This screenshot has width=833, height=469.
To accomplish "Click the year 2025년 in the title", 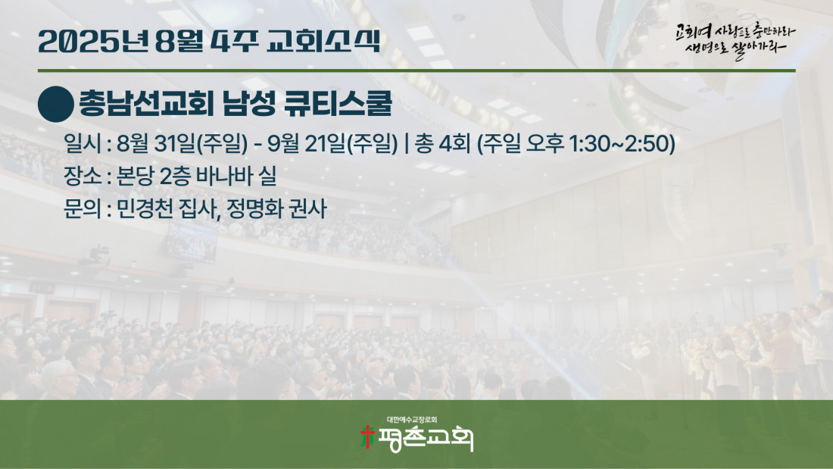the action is (x=92, y=41).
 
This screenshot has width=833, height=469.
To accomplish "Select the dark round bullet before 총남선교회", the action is (x=56, y=105).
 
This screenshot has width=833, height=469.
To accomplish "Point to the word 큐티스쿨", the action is (x=339, y=104).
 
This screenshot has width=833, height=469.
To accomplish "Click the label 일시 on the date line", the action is (x=82, y=143).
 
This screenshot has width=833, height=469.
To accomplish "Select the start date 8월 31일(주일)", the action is (x=183, y=143).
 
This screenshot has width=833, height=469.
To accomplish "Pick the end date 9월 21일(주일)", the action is (x=332, y=143).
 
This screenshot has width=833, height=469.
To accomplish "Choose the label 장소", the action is (x=82, y=176).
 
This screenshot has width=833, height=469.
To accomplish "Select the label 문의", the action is (x=82, y=208).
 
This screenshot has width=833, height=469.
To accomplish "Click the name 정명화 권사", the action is (x=276, y=208).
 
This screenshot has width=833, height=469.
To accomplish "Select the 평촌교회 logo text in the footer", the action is (x=425, y=439).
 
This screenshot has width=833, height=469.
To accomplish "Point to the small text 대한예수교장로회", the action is (x=412, y=420).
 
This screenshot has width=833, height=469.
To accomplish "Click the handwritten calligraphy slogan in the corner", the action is (x=736, y=40).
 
